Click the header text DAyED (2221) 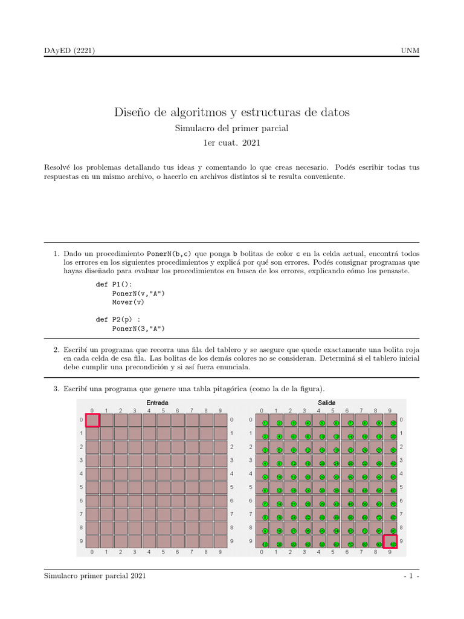pos(69,50)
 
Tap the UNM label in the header pos(410,50)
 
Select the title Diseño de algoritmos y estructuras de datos pos(232,112)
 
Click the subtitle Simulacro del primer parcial pos(232,128)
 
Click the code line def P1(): pos(114,284)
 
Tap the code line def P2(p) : pos(118,319)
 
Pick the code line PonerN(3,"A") pos(138,328)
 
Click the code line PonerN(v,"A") pos(138,293)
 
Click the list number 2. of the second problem pos(56,350)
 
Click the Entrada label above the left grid pos(157,403)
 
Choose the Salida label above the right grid pos(326,403)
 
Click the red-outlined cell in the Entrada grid pos(92,420)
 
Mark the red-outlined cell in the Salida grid pos(390,542)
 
